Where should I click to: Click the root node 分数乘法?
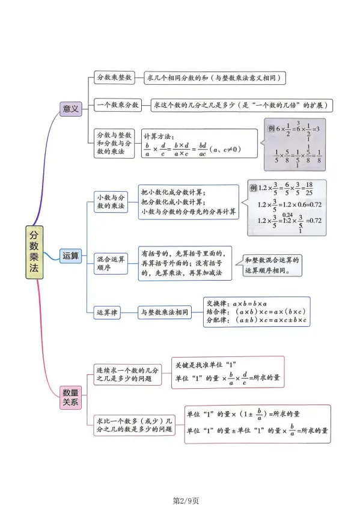[x=34, y=252]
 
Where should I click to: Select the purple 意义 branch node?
[x=70, y=109]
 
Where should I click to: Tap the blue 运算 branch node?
[x=70, y=255]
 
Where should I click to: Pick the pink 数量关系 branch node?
[x=70, y=397]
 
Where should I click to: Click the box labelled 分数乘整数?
[x=114, y=78]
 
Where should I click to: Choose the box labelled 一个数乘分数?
[x=118, y=105]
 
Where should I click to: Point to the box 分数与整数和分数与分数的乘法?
[x=114, y=144]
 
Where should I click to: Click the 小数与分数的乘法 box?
[x=111, y=202]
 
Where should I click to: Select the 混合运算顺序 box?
[x=111, y=263]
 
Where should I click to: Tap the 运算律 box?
[x=107, y=312]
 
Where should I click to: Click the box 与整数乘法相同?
[x=165, y=312]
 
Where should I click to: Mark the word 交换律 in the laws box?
[x=216, y=303]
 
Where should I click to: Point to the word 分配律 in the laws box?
[x=216, y=320]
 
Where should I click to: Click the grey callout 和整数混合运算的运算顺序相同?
[x=272, y=266]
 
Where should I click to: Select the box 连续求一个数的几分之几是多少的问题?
[x=127, y=374]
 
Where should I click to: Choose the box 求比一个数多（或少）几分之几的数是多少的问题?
[x=134, y=425]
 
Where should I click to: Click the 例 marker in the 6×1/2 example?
[x=272, y=129]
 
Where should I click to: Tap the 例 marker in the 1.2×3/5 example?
[x=254, y=187]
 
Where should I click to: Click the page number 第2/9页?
[x=186, y=501]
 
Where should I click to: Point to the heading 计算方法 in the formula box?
[x=159, y=136]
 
